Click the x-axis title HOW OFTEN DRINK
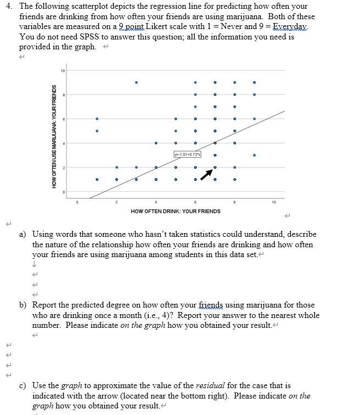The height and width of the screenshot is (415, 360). pyautogui.click(x=176, y=211)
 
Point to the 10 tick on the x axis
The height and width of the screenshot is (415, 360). pyautogui.click(x=274, y=202)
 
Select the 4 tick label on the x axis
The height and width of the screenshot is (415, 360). pyautogui.click(x=156, y=202)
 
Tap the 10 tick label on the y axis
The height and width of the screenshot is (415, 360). pyautogui.click(x=63, y=71)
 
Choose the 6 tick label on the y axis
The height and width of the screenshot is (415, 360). pyautogui.click(x=64, y=119)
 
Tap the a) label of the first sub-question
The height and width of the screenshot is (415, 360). pyautogui.click(x=24, y=235)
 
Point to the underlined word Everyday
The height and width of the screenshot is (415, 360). pyautogui.click(x=296, y=27)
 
